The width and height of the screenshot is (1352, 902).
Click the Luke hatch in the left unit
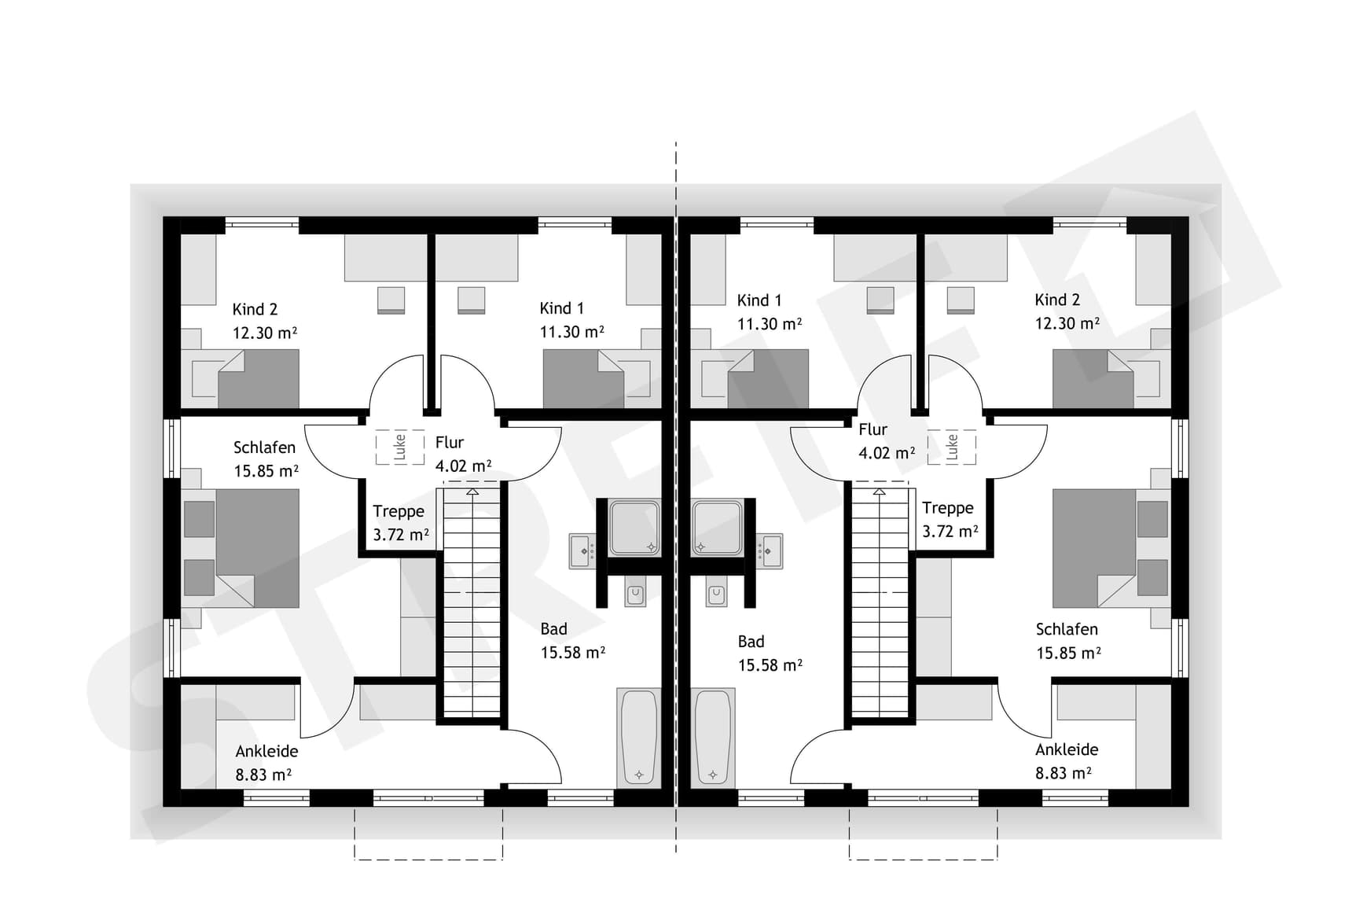pyautogui.click(x=399, y=447)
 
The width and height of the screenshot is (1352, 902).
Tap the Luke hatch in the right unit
pyautogui.click(x=952, y=447)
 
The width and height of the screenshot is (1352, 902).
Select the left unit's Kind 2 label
pyautogui.click(x=255, y=309)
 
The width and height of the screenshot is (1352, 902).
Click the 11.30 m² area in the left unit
pyautogui.click(x=571, y=332)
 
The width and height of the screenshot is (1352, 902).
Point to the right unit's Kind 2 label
pyautogui.click(x=1057, y=300)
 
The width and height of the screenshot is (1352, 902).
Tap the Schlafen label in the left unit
pyautogui.click(x=264, y=447)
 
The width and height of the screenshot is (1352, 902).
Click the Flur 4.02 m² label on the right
pyautogui.click(x=887, y=441)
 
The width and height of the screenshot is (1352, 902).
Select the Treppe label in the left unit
pyautogui.click(x=399, y=511)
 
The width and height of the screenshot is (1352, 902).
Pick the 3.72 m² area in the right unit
pyautogui.click(x=950, y=532)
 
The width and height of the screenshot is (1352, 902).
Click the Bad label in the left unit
pyautogui.click(x=553, y=629)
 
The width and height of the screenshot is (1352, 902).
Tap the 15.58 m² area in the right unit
pyautogui.click(x=770, y=665)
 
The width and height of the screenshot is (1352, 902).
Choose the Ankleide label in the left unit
pyautogui.click(x=266, y=751)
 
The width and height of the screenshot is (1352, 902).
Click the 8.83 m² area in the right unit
pyautogui.click(x=1064, y=773)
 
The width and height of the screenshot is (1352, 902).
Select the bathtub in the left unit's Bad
pyautogui.click(x=639, y=738)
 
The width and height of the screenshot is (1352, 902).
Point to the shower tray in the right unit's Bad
pyautogui.click(x=717, y=527)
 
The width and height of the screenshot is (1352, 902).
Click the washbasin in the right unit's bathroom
pyautogui.click(x=770, y=551)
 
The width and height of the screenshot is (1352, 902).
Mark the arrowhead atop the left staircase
pyautogui.click(x=472, y=491)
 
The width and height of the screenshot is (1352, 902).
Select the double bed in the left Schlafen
pyautogui.click(x=241, y=548)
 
